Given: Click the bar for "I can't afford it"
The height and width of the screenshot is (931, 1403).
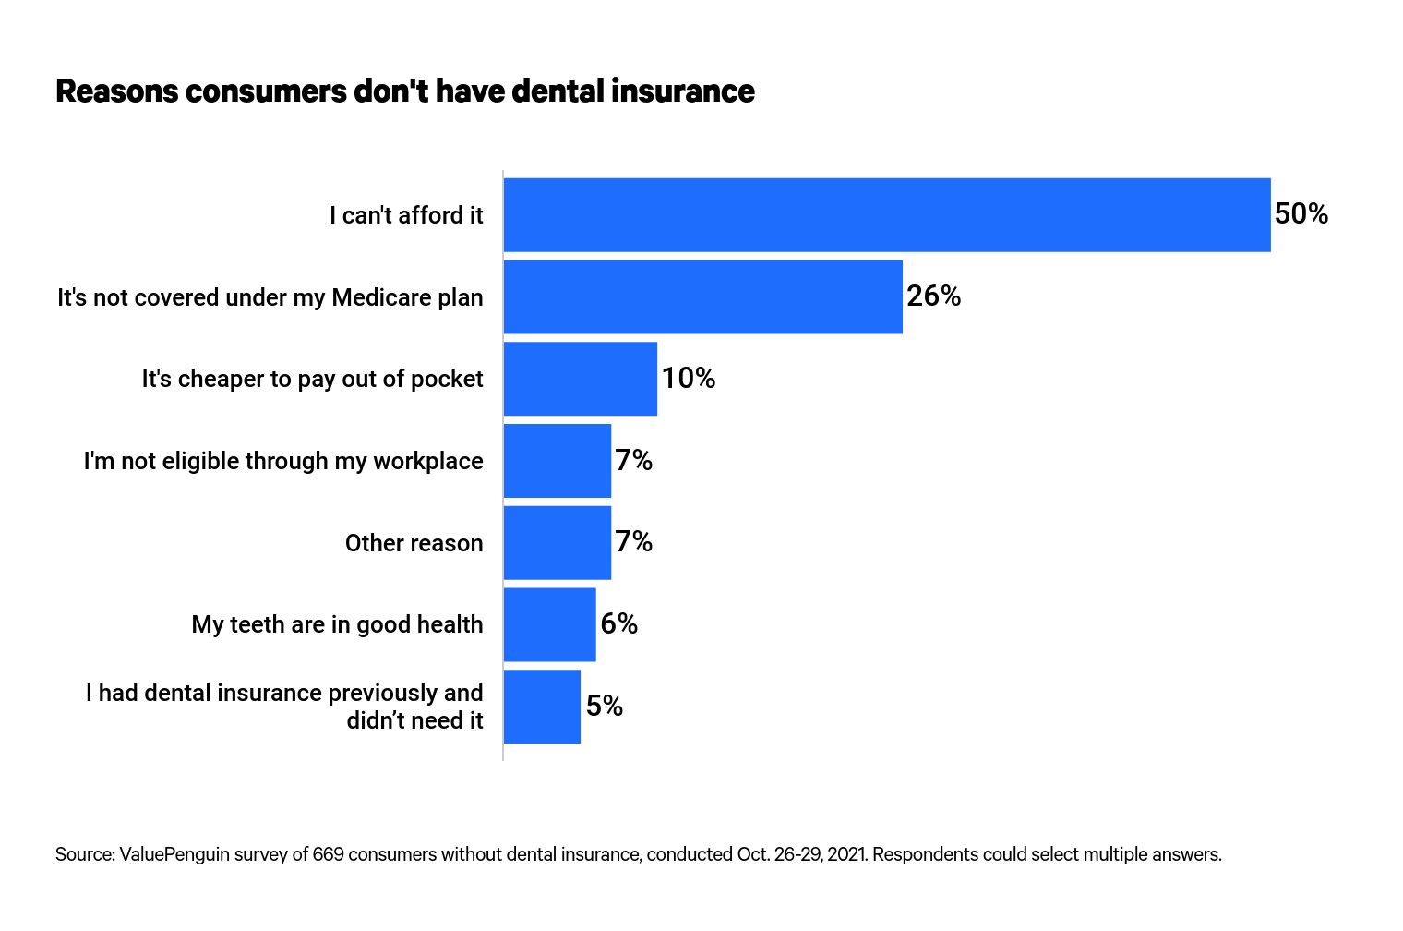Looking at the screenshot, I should (886, 214).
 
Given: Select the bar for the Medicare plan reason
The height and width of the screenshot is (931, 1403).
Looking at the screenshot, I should (702, 296).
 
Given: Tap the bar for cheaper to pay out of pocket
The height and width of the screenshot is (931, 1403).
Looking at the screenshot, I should (580, 379).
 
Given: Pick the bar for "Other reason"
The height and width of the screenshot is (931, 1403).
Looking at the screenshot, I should (557, 542).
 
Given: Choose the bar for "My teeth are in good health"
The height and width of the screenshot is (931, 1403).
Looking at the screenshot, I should (549, 624).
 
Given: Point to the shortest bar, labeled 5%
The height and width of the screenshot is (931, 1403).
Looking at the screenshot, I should (542, 707).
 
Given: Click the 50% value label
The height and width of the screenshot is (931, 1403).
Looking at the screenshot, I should (1301, 214).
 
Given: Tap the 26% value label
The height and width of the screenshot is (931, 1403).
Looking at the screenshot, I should (933, 296).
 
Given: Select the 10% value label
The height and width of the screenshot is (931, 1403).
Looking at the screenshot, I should (688, 379).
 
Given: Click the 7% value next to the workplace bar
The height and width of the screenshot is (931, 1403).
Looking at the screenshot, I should (633, 460).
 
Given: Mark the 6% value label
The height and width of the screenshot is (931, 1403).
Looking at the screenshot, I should (618, 624).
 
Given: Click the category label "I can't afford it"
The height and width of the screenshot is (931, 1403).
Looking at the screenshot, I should (406, 215).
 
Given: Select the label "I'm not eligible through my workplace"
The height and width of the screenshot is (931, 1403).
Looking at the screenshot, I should (283, 461).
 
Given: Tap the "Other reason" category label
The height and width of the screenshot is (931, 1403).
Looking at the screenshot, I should (414, 543).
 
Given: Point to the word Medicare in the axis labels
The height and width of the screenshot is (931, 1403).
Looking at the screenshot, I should (381, 297).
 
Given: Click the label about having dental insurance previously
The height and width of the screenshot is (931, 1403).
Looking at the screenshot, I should (284, 707).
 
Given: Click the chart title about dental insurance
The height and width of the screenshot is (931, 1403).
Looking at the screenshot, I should (404, 91).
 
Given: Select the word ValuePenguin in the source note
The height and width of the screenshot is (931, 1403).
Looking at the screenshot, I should (174, 854).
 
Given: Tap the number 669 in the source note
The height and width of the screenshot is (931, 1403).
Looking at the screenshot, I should (328, 854).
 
